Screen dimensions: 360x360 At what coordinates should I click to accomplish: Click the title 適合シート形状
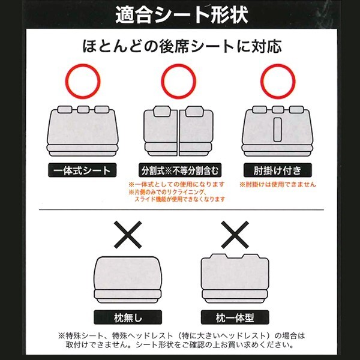(182, 14)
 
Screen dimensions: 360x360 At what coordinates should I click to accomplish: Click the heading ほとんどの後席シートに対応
(182, 46)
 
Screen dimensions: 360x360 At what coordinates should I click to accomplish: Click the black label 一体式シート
(82, 170)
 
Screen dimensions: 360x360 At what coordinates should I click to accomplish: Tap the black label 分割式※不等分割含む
(180, 170)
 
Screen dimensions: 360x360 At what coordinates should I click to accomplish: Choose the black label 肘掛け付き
(278, 170)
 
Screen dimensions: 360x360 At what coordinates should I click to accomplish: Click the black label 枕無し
(128, 317)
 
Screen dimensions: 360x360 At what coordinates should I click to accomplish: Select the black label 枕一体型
(235, 317)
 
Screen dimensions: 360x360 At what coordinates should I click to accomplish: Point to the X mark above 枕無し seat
(128, 235)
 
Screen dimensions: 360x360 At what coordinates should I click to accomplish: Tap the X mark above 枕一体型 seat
(235, 235)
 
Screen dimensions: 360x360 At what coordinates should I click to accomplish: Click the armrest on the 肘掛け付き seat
(277, 130)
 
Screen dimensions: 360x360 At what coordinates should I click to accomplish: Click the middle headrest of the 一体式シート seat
(83, 109)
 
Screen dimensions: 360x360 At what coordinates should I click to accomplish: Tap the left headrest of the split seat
(162, 112)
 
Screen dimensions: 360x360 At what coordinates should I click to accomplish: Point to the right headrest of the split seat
(194, 112)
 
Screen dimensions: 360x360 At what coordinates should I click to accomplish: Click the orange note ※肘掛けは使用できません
(278, 184)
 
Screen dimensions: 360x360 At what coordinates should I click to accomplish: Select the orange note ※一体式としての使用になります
(176, 184)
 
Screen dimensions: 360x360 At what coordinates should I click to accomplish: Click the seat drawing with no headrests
(128, 280)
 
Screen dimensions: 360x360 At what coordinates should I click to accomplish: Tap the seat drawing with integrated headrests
(235, 278)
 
